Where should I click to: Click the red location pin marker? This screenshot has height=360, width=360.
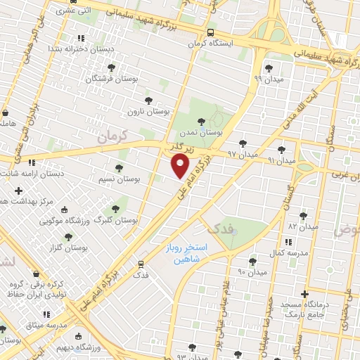pos(181,165)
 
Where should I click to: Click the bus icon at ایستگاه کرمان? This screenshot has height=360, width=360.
pos(211,32)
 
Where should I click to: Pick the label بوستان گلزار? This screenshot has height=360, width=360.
pos(70,248)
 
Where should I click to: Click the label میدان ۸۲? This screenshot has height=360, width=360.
pos(304,227)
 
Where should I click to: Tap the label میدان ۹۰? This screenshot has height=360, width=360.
pos(252,271)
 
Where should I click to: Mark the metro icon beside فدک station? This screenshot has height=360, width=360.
pos(141,264)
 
